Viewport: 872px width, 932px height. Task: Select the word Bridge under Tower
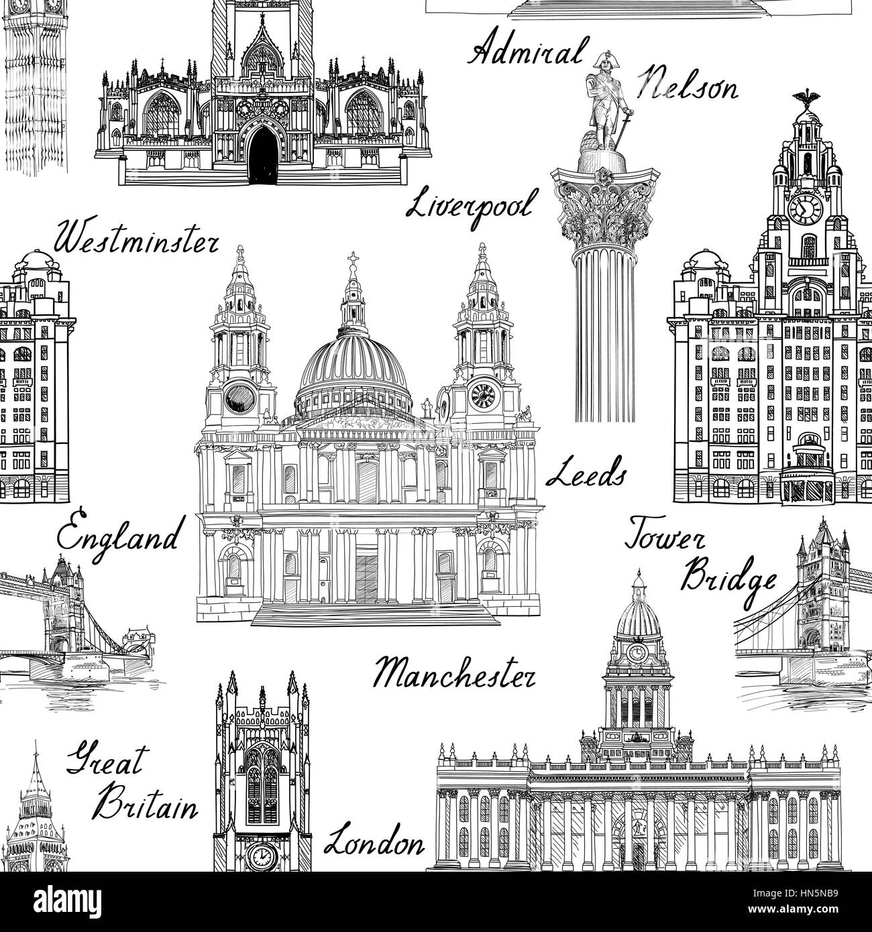click(x=728, y=578)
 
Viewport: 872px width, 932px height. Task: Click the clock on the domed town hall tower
click(x=637, y=652)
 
